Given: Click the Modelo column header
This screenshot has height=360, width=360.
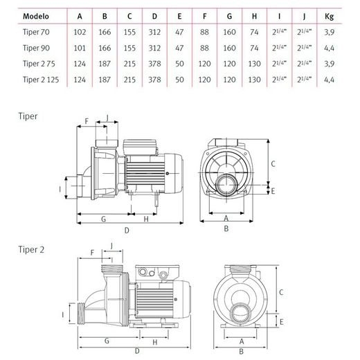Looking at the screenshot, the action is click(36, 16).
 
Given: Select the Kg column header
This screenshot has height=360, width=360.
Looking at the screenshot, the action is click(329, 17).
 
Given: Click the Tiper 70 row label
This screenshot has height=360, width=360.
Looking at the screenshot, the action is click(36, 32).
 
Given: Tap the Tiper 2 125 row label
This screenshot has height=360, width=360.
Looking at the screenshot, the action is click(41, 80).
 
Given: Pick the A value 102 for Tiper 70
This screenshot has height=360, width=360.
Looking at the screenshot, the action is click(80, 32).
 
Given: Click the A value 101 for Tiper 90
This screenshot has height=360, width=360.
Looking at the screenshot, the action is click(80, 48).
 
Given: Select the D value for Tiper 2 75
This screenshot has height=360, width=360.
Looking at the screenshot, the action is click(154, 64).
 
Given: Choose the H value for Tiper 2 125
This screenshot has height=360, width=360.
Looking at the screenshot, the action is click(254, 80).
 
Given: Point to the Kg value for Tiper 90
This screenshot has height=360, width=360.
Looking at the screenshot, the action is click(329, 48).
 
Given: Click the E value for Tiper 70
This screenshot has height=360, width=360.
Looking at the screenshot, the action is click(179, 32).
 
